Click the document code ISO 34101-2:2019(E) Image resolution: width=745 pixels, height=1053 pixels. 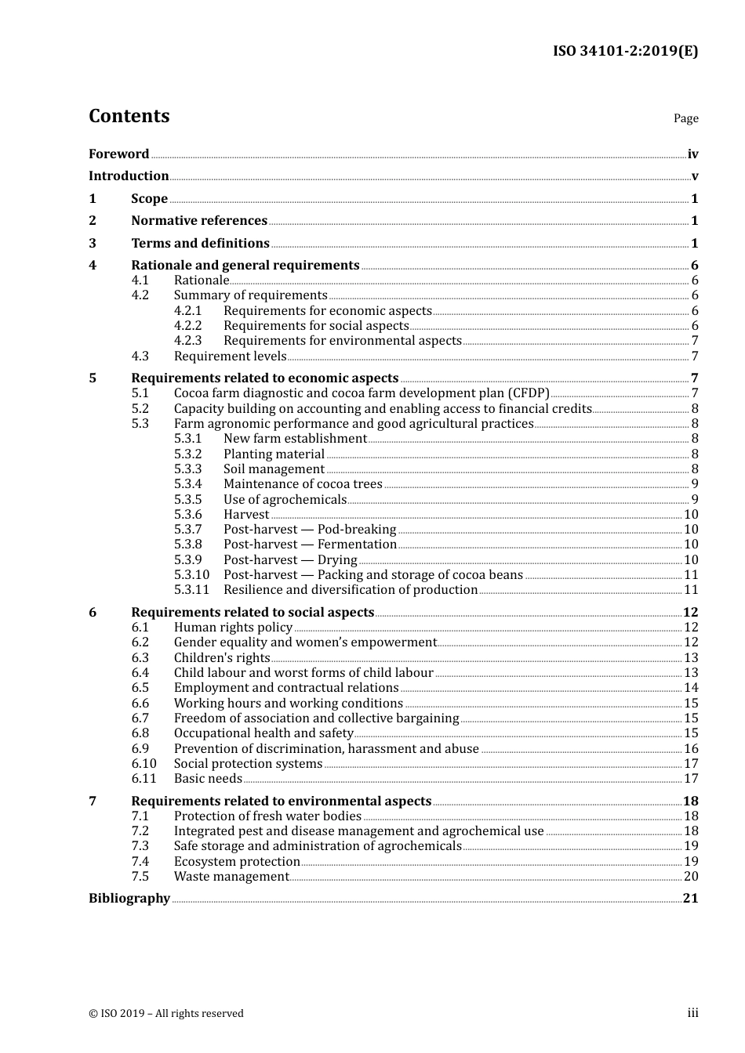pos(625,52)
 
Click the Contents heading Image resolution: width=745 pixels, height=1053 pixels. pos(129,116)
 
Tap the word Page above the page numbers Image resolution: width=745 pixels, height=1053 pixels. pos(685,118)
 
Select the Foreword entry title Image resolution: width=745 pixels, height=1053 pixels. pos(118,154)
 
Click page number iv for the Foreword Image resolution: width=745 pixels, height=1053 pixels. pos(692,154)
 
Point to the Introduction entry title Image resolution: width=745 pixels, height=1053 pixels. pos(129,176)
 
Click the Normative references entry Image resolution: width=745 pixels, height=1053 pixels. pos(199,221)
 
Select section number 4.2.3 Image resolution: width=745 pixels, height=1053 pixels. pos(187,341)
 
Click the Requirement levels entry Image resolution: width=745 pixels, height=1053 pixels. pos(230,356)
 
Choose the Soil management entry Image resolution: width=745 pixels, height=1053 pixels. pos(274,469)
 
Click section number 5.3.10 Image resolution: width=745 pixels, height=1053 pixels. pos(191,575)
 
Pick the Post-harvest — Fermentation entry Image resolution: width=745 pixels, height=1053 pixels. pos(310,545)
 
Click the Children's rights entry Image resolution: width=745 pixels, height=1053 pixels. pos(222,658)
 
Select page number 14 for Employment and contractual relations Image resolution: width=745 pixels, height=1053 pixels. pos(691,688)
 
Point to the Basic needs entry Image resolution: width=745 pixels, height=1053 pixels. pos(208,779)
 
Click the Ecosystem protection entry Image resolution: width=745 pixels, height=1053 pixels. pos(237,862)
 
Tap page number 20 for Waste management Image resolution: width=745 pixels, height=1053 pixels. pos(691,877)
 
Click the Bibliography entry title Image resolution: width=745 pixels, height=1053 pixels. pos(129,899)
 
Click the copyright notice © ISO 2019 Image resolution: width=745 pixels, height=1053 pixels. pos(166,1014)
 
